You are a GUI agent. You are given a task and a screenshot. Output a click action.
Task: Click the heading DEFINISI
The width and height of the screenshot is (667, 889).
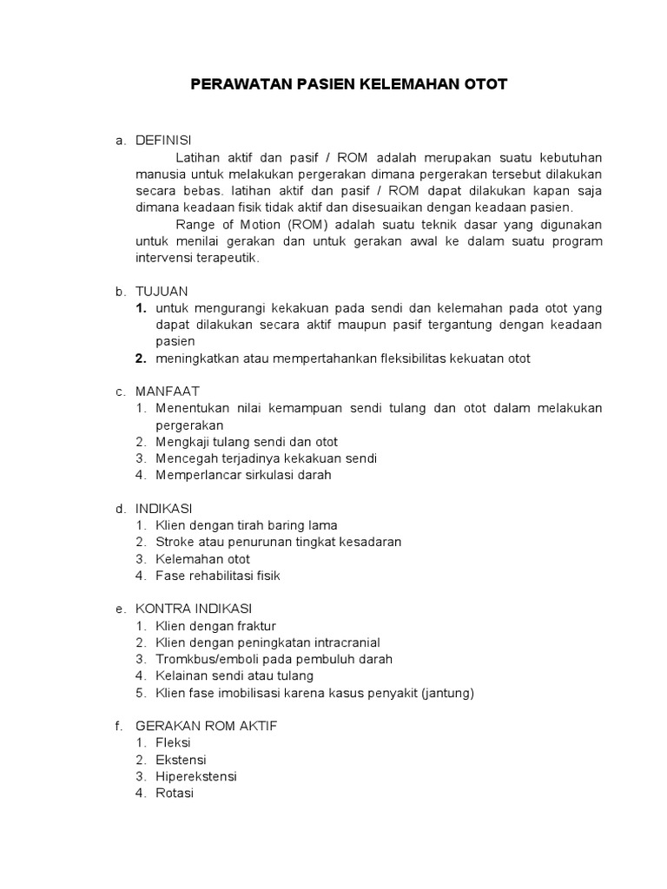[x=163, y=141]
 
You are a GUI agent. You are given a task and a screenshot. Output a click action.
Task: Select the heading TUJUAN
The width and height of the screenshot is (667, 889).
[x=162, y=291]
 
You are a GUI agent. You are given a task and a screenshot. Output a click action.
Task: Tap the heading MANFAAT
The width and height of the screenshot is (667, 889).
[x=167, y=392]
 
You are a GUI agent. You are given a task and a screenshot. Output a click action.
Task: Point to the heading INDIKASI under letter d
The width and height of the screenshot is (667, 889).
[x=164, y=508]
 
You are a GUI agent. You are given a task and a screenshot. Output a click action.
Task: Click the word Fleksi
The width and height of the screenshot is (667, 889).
[x=173, y=743]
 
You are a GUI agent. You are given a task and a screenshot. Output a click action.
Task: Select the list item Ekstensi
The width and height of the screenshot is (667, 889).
[x=181, y=760]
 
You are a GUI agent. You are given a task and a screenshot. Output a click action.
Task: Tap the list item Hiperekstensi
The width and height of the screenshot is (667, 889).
[x=196, y=776]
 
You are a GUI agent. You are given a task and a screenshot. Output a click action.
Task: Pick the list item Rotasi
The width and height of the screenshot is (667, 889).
[x=175, y=793]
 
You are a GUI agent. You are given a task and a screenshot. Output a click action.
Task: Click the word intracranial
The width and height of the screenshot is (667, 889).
[x=340, y=642]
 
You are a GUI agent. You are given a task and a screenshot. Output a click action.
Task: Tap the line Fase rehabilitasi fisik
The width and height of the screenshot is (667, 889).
[x=218, y=575]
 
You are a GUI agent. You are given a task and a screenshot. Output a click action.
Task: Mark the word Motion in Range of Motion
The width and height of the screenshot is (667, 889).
[x=254, y=224]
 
